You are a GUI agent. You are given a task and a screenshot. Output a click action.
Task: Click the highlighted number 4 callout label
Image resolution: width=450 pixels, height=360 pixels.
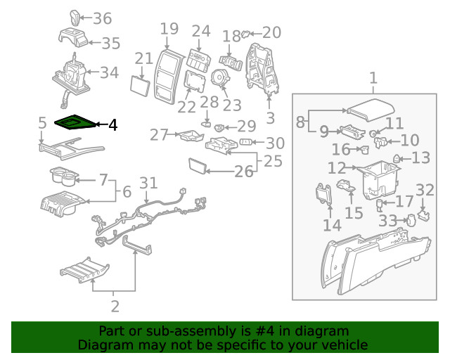point(112,125)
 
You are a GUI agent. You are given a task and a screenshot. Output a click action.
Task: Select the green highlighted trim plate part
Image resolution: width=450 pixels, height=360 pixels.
point(73,124)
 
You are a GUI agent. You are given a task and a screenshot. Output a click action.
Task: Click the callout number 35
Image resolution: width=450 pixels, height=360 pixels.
point(110,44)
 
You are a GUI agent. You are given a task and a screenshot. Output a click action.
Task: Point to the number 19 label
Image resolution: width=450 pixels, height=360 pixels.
point(169,30)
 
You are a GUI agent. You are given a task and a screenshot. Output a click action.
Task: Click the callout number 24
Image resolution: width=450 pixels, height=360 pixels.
point(201,32)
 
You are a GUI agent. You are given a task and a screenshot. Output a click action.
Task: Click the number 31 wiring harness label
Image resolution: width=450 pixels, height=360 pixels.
point(148,184)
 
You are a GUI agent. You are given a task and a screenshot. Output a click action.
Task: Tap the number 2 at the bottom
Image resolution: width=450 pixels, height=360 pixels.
point(115,307)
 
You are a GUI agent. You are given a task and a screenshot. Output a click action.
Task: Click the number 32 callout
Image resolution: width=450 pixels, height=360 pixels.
point(425,189)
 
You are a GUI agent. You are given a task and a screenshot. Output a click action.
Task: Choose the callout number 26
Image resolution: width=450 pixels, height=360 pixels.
point(243,171)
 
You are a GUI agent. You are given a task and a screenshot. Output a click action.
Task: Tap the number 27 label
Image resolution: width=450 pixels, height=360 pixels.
point(160,134)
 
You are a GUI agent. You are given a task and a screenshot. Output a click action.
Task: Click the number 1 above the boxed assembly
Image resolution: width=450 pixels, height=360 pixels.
point(373,78)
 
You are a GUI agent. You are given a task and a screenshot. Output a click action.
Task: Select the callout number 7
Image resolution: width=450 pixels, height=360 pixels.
point(103,180)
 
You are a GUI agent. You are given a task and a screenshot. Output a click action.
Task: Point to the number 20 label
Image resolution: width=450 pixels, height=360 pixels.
point(271,32)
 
